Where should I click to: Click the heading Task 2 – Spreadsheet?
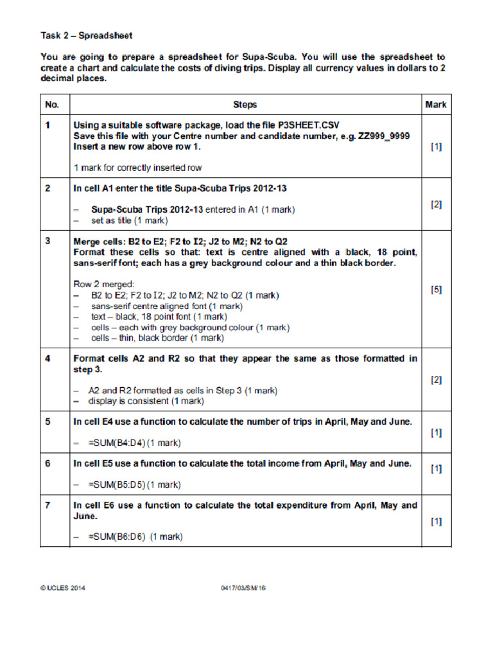(87, 36)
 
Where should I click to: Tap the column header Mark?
(436, 104)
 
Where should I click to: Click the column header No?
(52, 104)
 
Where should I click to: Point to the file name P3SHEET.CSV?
(308, 125)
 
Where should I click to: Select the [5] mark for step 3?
(436, 290)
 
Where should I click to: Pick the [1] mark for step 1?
(436, 147)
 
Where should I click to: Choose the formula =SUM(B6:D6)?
(119, 537)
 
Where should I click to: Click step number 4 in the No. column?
(48, 358)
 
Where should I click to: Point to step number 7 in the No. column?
(48, 506)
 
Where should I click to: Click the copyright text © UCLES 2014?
(63, 587)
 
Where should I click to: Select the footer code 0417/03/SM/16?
(242, 587)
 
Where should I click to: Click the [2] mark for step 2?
(436, 204)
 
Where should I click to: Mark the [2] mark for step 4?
(436, 380)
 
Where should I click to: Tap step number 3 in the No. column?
(48, 241)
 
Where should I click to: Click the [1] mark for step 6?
(436, 469)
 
